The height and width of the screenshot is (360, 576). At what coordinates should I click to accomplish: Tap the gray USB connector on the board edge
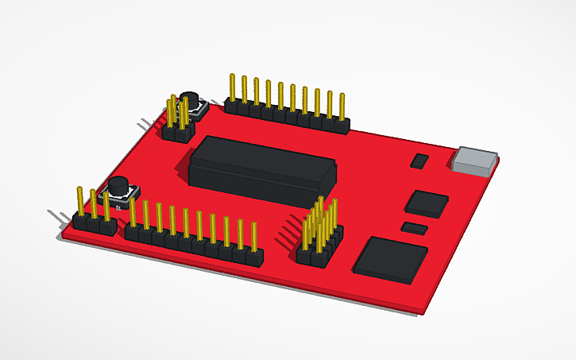pyautogui.click(x=474, y=160)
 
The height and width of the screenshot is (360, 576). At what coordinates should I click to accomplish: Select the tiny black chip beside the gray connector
pyautogui.click(x=419, y=161)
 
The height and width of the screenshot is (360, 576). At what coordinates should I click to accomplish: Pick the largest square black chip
pyautogui.click(x=390, y=259)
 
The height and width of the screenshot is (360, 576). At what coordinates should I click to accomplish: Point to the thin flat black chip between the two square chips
pyautogui.click(x=415, y=229)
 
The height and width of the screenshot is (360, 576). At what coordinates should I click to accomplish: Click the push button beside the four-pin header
pyautogui.click(x=191, y=104)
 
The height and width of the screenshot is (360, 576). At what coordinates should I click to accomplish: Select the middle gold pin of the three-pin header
pyautogui.click(x=93, y=204)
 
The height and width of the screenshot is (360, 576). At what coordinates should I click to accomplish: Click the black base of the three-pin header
pyautogui.click(x=94, y=224)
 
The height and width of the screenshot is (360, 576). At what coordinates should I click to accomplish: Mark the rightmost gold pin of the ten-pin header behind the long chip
pyautogui.click(x=342, y=106)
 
